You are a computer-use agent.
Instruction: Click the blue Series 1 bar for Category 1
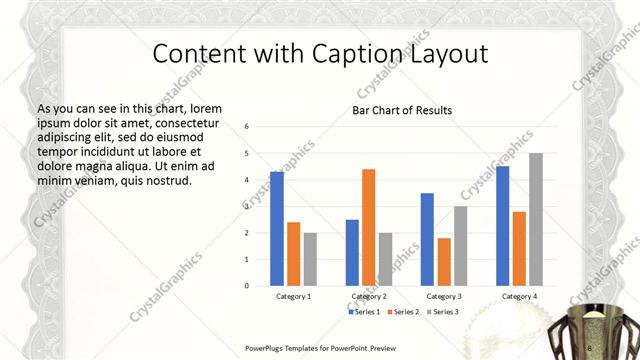point(277,229)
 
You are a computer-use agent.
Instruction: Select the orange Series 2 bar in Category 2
point(368,227)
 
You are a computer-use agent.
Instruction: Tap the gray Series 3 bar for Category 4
point(536,219)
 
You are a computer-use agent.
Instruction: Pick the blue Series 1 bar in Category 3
point(427,239)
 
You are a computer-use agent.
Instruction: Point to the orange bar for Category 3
point(444,262)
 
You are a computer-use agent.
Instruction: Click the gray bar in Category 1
point(310,259)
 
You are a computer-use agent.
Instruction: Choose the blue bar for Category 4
point(502,226)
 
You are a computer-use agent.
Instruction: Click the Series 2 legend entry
point(403,312)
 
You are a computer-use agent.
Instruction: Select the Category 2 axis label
point(368,297)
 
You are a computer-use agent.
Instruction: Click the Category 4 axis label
point(519,297)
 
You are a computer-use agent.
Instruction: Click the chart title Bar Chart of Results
point(402,110)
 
